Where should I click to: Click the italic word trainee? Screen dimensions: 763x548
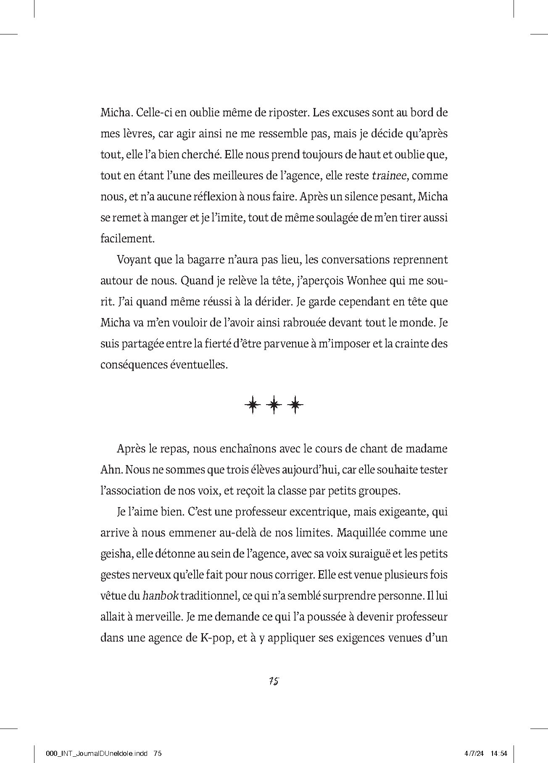tap(389, 176)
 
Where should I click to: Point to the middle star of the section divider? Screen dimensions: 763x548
tap(274, 405)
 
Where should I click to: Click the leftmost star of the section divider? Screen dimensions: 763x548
tap(252, 405)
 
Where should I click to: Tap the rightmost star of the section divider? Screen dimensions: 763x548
tap(296, 405)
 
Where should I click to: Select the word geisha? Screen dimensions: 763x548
tap(116, 554)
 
